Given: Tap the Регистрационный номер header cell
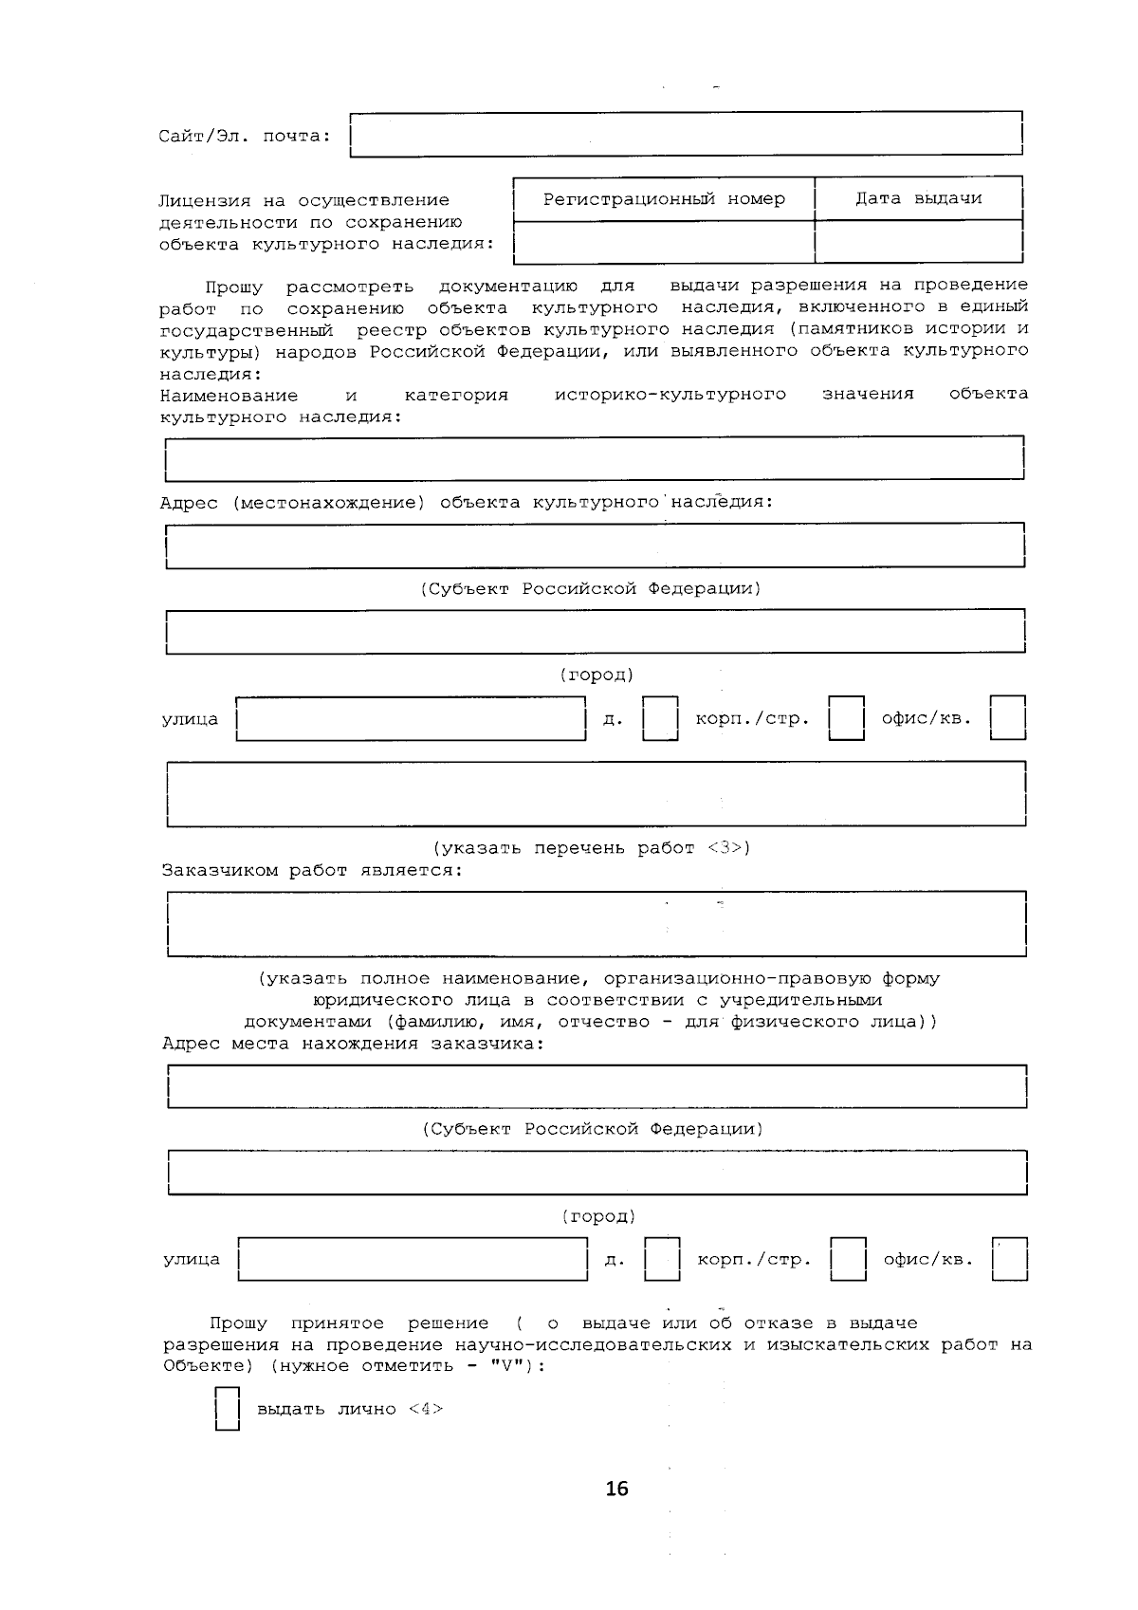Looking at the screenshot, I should pos(664,199).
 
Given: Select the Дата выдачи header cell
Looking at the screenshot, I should pos(918,199).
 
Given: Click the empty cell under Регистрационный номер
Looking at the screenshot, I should pos(664,242).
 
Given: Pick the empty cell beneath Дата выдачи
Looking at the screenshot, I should pos(918,242).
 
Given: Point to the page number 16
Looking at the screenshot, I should pos(616,1489).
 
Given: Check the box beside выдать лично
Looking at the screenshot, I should pos(227,1409).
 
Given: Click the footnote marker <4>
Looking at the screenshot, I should pos(426,1409).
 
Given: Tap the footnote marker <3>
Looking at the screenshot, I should pos(728,848).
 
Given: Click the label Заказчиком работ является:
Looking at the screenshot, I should pos(312,870).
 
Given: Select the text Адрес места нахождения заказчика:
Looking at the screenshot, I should pos(354,1044).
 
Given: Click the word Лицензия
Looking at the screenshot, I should pos(205,200).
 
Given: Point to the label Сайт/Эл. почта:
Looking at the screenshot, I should pos(245,136).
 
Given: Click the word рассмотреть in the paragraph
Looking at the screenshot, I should pos(350,287).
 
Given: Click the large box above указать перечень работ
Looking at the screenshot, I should pos(596,793).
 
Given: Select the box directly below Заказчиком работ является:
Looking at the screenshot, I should pos(596,923).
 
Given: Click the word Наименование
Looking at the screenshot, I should pos(229,395).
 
